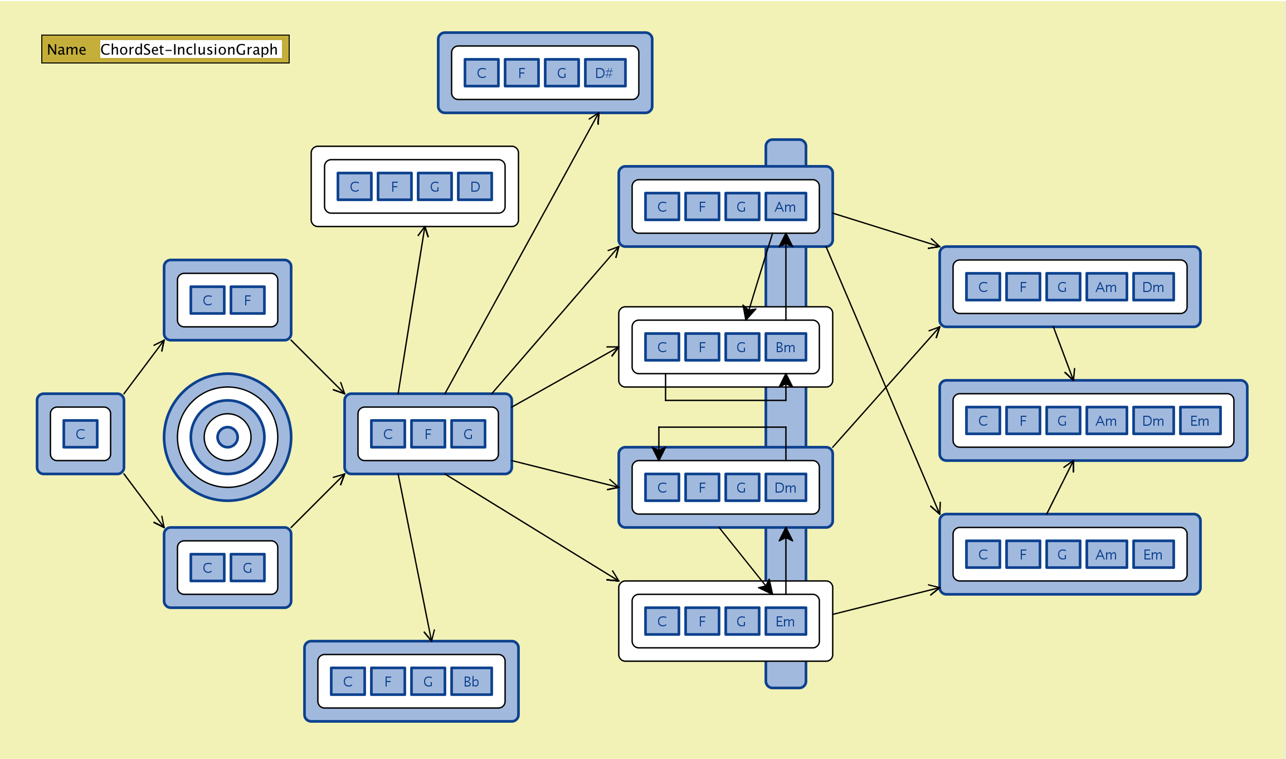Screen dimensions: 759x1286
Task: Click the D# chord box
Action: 605,73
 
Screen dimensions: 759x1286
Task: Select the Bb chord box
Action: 471,682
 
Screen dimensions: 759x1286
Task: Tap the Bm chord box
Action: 785,347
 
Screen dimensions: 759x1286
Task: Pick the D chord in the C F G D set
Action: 475,187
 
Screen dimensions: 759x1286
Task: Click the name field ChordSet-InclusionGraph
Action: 189,50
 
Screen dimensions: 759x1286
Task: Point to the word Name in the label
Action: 66,50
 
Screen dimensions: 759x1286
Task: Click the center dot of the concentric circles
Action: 227,437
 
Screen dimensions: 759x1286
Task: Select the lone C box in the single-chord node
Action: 80,434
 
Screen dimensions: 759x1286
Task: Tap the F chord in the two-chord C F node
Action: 247,300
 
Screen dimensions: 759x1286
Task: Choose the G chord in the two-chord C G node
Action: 247,568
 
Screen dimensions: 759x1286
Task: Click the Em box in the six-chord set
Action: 1200,421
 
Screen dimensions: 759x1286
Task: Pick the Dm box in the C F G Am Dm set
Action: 1153,287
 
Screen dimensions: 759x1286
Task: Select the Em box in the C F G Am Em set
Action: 1153,554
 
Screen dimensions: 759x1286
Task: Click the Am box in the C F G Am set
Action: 785,207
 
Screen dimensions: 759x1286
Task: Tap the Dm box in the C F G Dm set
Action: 785,488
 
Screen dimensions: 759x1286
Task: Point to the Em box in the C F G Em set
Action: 785,621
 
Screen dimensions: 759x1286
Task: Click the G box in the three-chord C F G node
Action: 468,434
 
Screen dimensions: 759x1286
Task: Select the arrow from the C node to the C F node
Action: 144,367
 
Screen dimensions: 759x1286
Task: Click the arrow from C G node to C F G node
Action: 318,501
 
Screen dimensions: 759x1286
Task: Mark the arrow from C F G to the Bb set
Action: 415,557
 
